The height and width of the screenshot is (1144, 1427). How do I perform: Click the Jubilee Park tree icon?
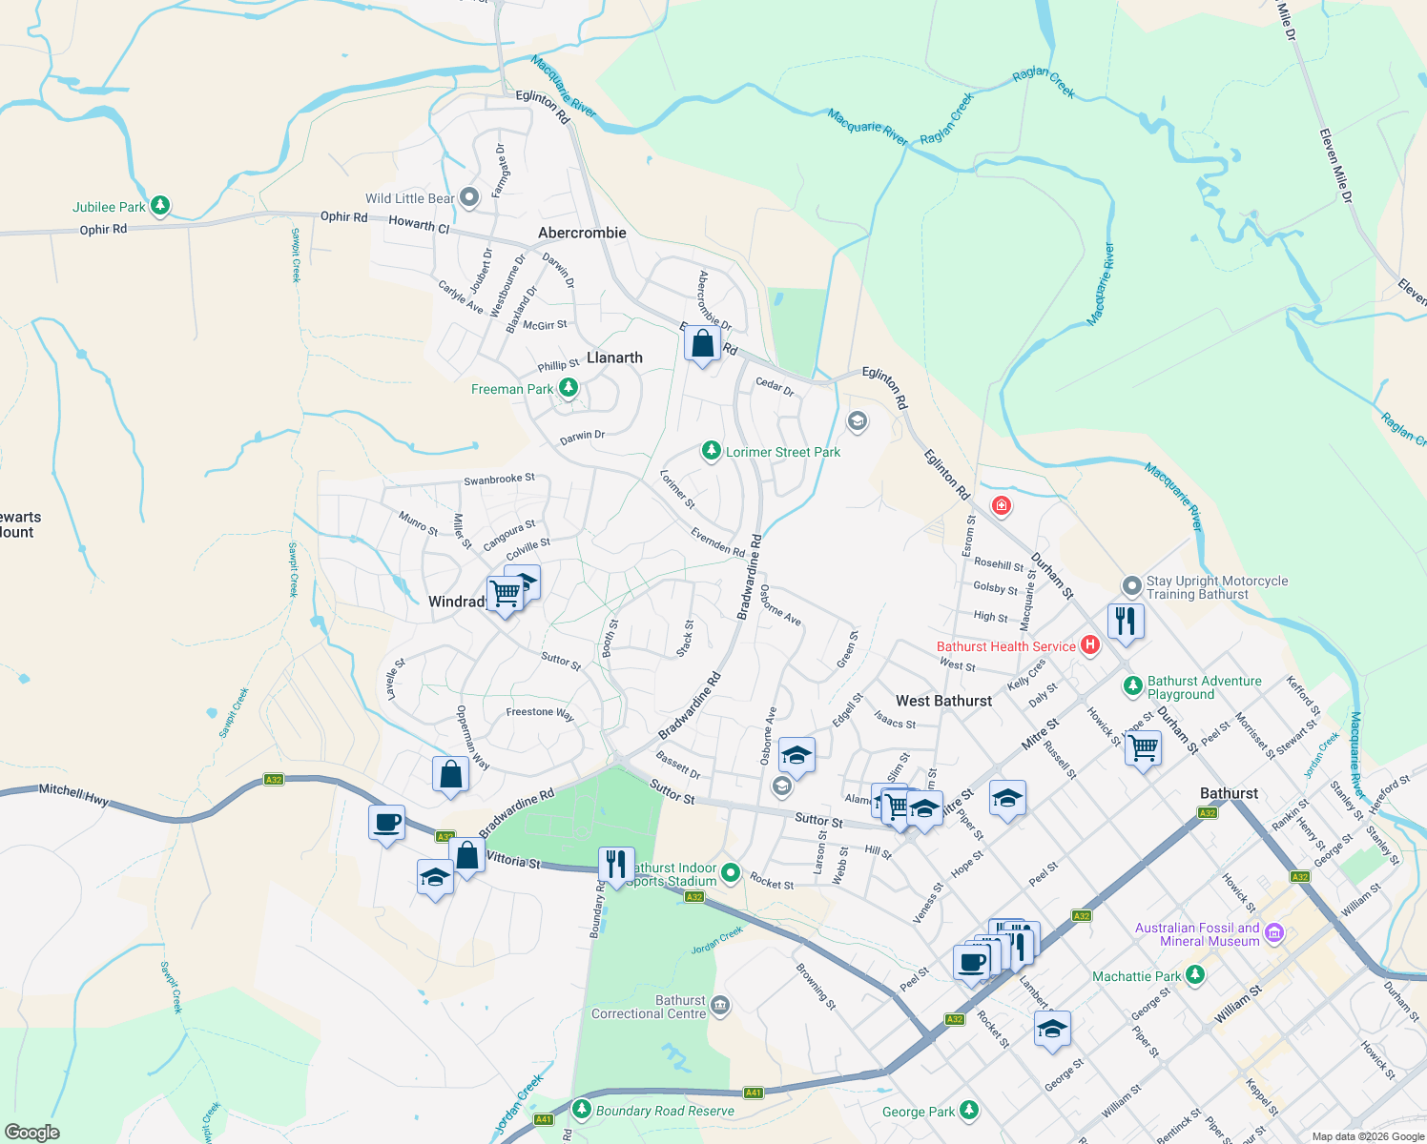coord(160,206)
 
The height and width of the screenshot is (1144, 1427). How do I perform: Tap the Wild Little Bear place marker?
coord(469,197)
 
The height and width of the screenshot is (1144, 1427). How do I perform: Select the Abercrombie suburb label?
coord(582,233)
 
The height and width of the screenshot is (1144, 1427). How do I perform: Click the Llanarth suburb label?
coord(614,357)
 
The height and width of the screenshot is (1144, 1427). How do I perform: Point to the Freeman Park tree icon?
coord(569,388)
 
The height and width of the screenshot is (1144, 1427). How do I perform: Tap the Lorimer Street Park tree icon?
coord(711,451)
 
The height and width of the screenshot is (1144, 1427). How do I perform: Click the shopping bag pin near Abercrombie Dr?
coord(702,345)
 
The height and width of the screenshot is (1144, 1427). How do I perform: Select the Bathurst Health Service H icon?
coord(1090,645)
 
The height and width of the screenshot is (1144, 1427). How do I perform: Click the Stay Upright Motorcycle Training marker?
coord(1131,585)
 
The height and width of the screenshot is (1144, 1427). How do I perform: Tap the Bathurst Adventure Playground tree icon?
coord(1132,685)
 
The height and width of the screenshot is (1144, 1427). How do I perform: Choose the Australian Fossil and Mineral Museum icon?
coord(1274,933)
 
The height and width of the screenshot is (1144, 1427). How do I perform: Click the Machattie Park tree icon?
coord(1195,975)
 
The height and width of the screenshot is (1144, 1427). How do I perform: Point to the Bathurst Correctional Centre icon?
coord(720,1006)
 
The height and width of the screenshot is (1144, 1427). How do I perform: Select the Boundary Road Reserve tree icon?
coord(582,1110)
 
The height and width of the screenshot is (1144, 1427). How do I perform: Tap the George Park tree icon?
coord(969,1111)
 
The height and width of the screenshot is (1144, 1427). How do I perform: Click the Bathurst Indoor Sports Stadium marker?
coord(731,872)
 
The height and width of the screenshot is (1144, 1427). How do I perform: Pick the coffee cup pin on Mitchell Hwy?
coord(387,823)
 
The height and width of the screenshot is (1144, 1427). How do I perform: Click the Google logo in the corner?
coord(32,1132)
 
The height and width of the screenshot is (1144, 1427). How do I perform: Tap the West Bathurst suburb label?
coord(943,701)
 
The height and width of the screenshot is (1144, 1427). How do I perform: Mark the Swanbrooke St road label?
coord(499,480)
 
